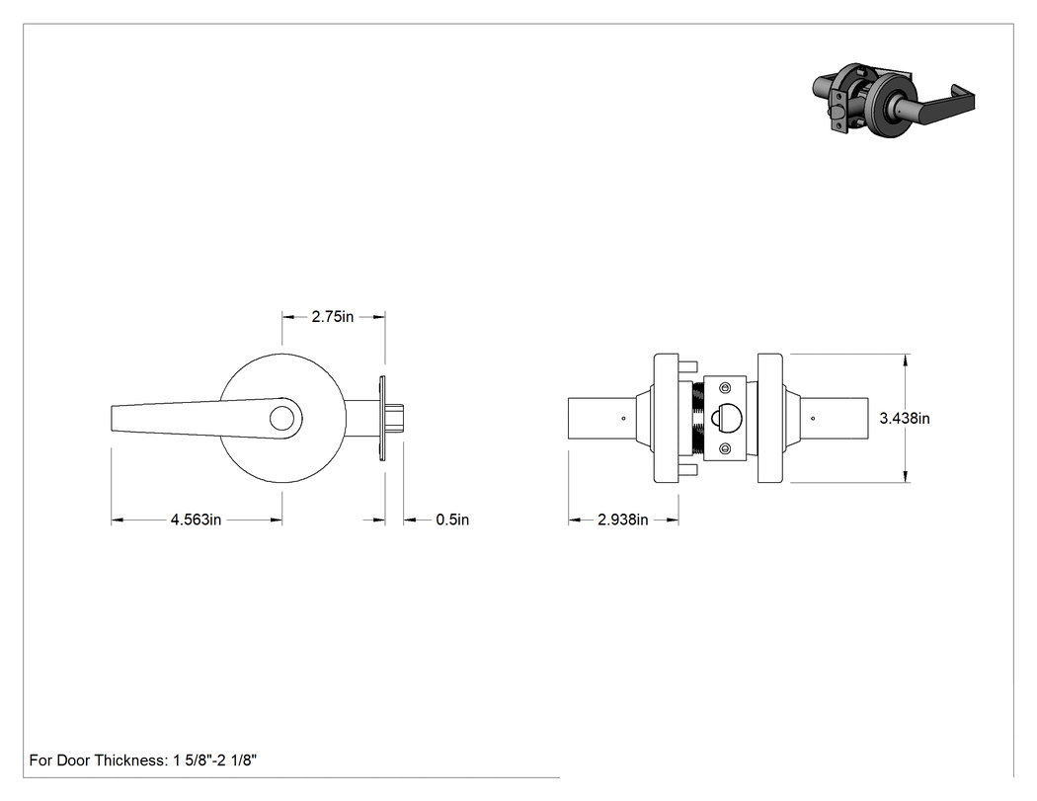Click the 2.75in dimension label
pyautogui.click(x=333, y=317)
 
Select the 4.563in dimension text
pyautogui.click(x=196, y=520)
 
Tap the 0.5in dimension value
pyautogui.click(x=452, y=520)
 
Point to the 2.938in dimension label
pyautogui.click(x=623, y=520)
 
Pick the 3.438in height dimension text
pyautogui.click(x=905, y=418)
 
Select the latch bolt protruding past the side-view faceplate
pyautogui.click(x=395, y=419)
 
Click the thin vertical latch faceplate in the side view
pyautogui.click(x=381, y=419)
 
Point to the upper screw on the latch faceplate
pyautogui.click(x=726, y=387)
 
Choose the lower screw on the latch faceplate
pyautogui.click(x=726, y=449)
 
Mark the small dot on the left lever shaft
pyautogui.click(x=623, y=418)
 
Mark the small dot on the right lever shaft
pyautogui.click(x=813, y=418)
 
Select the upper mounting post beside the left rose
pyautogui.click(x=687, y=365)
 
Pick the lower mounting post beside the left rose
pyautogui.click(x=687, y=470)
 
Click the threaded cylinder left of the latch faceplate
pyautogui.click(x=697, y=418)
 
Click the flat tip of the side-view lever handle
pyautogui.click(x=112, y=419)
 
